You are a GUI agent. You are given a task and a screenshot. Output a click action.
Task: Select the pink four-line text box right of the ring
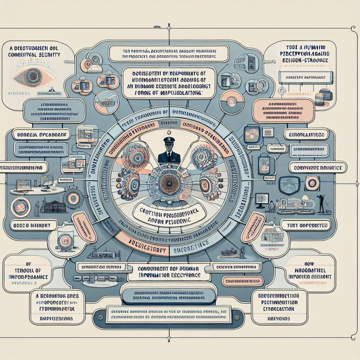(283, 110)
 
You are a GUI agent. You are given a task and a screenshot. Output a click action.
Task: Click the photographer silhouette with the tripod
(321, 204)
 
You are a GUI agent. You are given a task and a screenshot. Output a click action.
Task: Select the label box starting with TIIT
(306, 225)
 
